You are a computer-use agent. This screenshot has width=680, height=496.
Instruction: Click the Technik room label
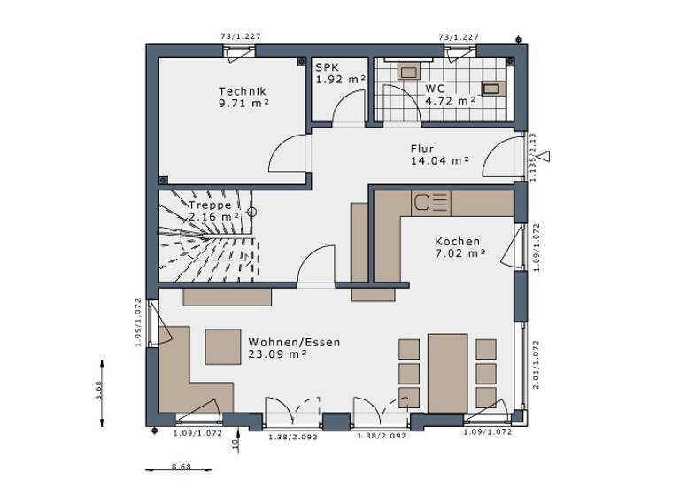(243, 91)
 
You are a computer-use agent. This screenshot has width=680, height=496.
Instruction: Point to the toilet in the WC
(410, 71)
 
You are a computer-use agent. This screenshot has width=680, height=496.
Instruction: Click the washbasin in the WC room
(491, 88)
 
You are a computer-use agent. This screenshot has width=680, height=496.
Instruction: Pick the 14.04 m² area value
(439, 161)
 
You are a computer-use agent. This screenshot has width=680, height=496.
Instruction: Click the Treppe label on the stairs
(210, 205)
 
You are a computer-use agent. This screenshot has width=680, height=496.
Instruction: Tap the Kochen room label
(457, 241)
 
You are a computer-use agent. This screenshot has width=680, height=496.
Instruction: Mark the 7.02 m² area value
(460, 253)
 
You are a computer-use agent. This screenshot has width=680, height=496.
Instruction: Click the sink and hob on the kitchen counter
(432, 203)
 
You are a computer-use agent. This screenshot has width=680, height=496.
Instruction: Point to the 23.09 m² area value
(277, 353)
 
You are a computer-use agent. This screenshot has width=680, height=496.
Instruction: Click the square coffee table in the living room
(222, 346)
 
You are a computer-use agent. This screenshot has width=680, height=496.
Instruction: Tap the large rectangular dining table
(447, 372)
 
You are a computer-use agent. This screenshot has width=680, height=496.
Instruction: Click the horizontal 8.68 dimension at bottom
(181, 466)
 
